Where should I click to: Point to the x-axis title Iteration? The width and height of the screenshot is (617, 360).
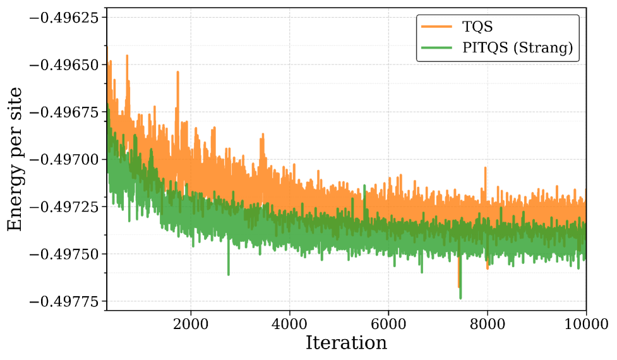346,343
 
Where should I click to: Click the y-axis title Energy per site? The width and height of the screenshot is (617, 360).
15,159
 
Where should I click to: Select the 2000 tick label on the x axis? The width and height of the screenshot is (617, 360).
191,325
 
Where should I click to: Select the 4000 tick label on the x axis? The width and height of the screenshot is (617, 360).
289,325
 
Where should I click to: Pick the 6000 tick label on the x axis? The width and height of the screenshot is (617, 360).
388,325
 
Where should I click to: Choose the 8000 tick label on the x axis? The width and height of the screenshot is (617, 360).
487,325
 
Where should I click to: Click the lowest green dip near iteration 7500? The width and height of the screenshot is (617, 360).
460,297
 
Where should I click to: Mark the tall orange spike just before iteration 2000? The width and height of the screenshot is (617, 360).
177,73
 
